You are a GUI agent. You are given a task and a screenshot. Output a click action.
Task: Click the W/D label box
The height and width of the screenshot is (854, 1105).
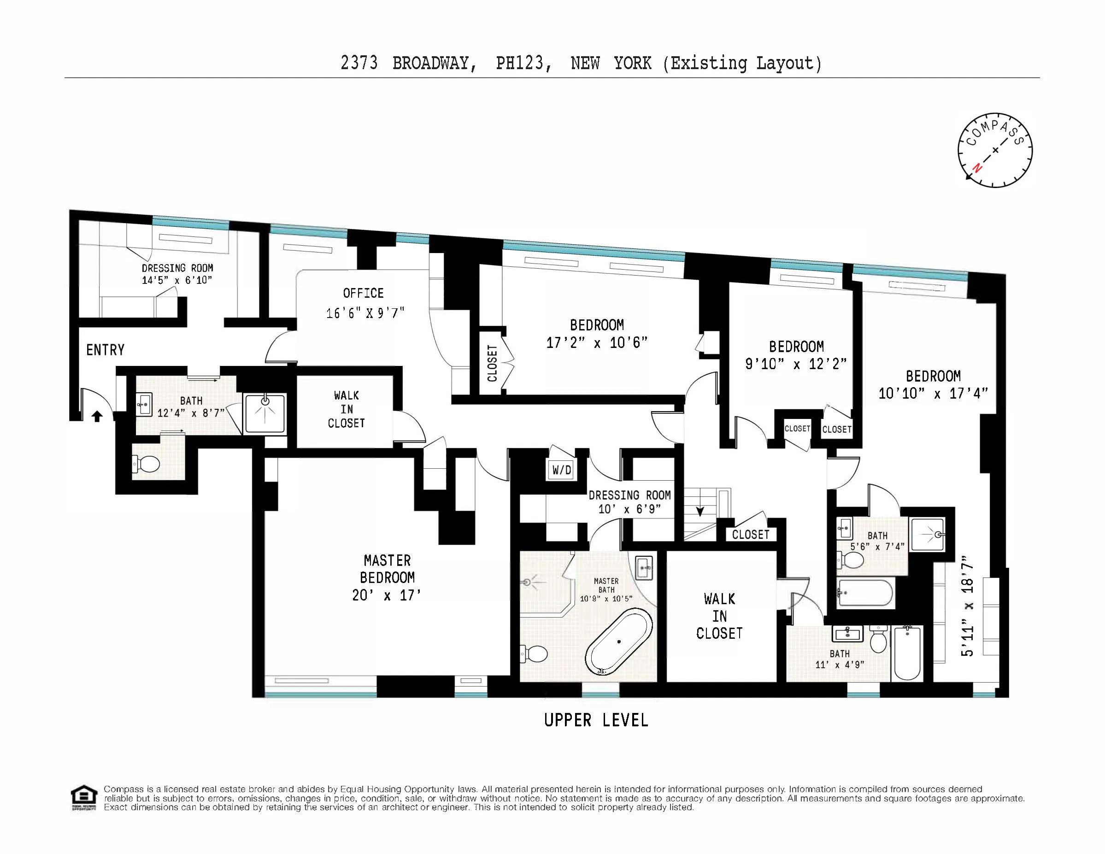(x=562, y=470)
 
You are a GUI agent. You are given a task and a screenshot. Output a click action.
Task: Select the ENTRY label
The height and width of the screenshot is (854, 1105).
(x=105, y=350)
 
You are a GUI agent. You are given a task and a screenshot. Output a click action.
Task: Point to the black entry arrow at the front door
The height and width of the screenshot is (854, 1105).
(x=97, y=416)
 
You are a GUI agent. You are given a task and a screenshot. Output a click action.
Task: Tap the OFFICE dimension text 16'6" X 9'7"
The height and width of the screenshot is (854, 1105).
(x=365, y=313)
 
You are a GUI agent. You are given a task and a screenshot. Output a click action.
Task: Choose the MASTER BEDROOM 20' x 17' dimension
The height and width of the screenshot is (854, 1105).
(x=387, y=595)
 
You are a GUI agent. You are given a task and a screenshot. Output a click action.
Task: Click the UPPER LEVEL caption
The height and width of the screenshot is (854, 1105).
(x=596, y=720)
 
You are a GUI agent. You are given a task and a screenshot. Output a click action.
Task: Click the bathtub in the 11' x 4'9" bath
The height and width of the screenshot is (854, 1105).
(x=908, y=653)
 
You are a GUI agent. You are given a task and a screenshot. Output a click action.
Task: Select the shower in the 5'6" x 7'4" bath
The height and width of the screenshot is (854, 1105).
(x=927, y=534)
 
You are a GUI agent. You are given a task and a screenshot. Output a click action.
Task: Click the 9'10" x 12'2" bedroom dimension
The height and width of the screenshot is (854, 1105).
(x=796, y=364)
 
